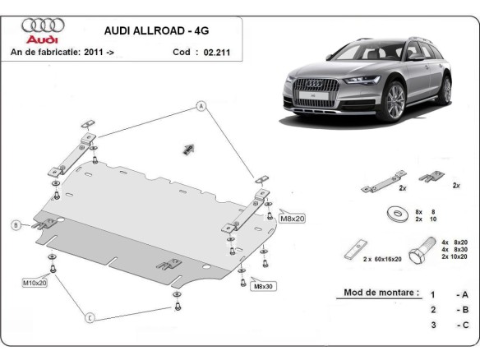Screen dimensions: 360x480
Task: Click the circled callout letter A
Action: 199,104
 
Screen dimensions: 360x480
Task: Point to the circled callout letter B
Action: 15,225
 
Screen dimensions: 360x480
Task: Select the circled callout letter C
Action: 90,317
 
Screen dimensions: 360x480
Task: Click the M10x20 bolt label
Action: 35,283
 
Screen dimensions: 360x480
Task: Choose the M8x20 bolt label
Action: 292,218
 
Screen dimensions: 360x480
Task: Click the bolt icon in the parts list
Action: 424,246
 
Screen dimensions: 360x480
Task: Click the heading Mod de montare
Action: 376,293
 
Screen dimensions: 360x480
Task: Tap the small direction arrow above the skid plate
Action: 187,148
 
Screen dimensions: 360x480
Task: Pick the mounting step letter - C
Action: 461,325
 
